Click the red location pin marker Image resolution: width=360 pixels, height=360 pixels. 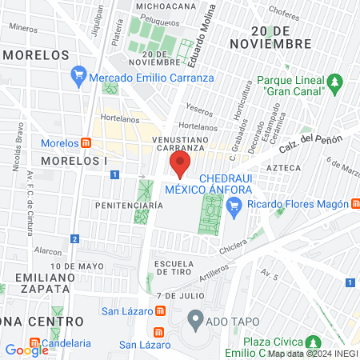click(x=180, y=166)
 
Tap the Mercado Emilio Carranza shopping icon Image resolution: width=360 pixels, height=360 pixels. click(x=78, y=78)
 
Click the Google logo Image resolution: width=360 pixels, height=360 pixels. click(x=26, y=350)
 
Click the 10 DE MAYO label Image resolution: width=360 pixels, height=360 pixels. click(x=78, y=266)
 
